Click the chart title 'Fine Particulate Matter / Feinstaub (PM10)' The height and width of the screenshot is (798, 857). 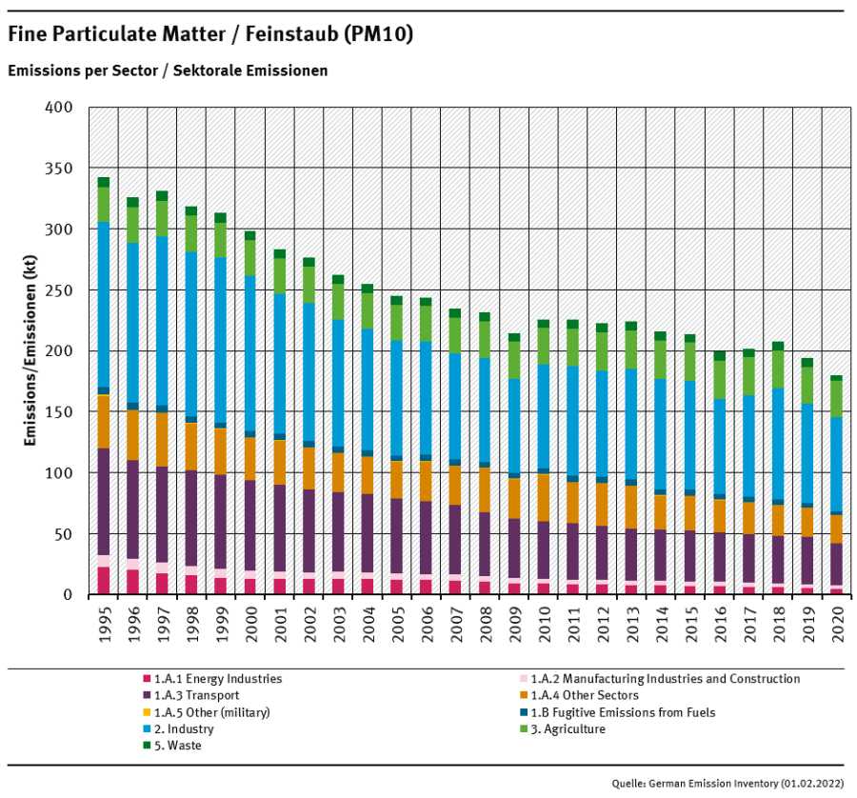(x=210, y=34)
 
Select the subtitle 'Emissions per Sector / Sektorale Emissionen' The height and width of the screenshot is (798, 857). (x=168, y=70)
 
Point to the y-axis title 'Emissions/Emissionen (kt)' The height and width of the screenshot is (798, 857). (x=32, y=350)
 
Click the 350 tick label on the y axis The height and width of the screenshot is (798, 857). (x=60, y=169)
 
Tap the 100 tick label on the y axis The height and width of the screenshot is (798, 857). (x=60, y=473)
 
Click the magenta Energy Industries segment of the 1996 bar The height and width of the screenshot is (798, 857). (x=132, y=582)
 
